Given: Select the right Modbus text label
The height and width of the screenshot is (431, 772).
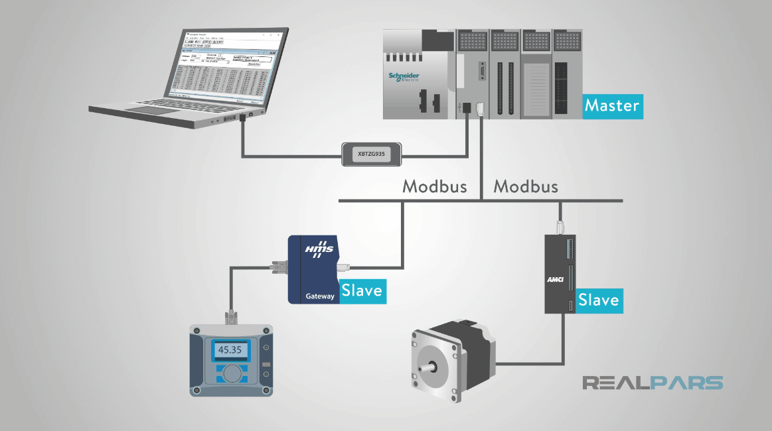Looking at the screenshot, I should click(x=526, y=186).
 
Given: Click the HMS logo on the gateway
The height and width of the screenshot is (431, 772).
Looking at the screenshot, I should click(x=318, y=250).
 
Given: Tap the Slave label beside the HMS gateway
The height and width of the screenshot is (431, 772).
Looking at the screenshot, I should click(x=362, y=291).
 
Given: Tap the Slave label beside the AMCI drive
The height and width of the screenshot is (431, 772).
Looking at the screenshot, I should click(x=599, y=300).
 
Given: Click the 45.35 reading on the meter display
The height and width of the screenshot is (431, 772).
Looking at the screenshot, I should click(x=230, y=349).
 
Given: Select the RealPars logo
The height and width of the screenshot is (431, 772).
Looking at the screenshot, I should click(x=652, y=383).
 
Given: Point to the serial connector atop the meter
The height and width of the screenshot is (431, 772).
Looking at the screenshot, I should click(x=230, y=318).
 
